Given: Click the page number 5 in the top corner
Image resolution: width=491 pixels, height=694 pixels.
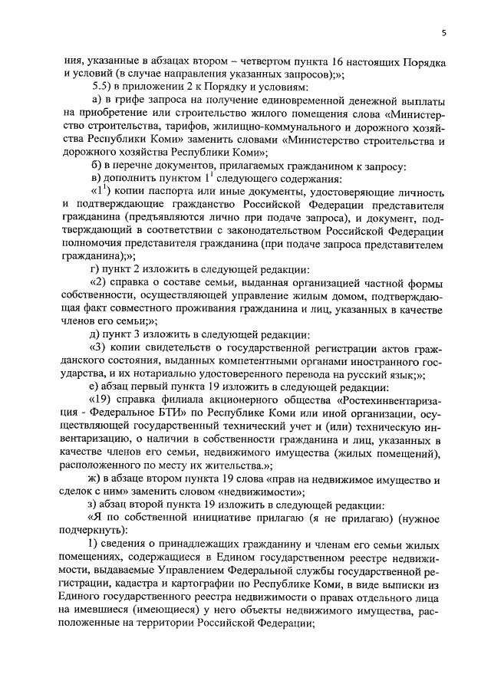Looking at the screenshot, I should (444, 33).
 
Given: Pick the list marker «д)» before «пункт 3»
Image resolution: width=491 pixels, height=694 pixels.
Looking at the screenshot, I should (96, 334).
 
